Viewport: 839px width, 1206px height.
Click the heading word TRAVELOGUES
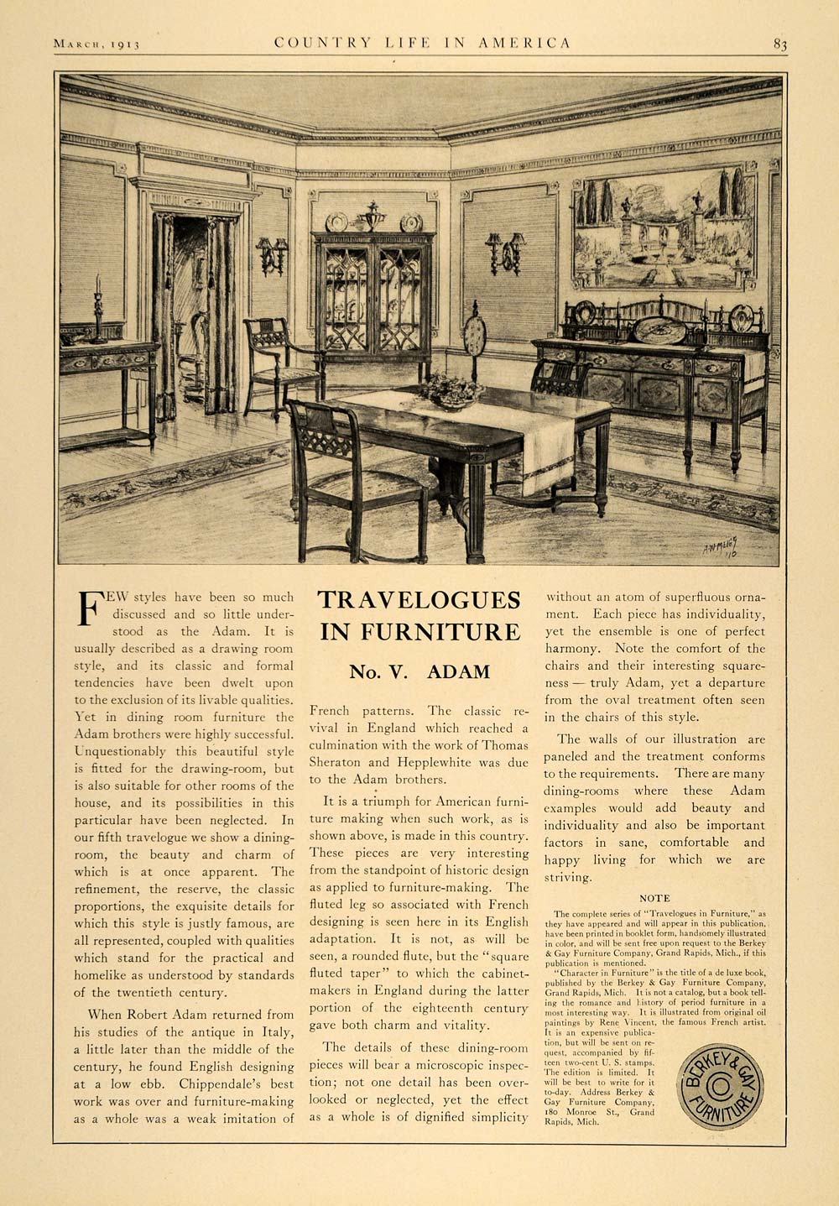(419, 601)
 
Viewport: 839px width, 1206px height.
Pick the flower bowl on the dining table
(453, 391)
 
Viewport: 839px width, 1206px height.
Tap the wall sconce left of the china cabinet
(270, 255)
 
